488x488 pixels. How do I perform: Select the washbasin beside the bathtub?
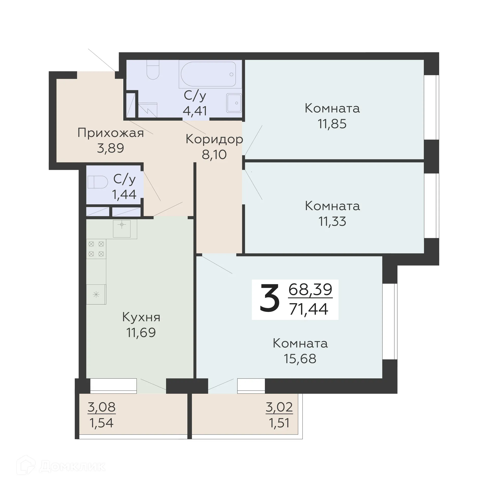(234, 103)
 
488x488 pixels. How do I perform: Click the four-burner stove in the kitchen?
(96, 249)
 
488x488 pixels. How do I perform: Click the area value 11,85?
(332, 124)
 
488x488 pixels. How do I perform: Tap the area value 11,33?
(332, 221)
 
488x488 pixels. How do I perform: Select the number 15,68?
(300, 359)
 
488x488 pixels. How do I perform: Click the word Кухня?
(141, 317)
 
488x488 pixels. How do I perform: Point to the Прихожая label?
(111, 133)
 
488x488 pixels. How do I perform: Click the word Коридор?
(214, 139)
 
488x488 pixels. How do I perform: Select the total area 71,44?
(309, 309)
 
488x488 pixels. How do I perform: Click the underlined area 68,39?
(310, 289)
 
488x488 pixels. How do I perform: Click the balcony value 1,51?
(279, 423)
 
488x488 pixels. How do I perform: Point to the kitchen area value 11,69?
(141, 332)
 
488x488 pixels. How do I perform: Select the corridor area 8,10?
(214, 154)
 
